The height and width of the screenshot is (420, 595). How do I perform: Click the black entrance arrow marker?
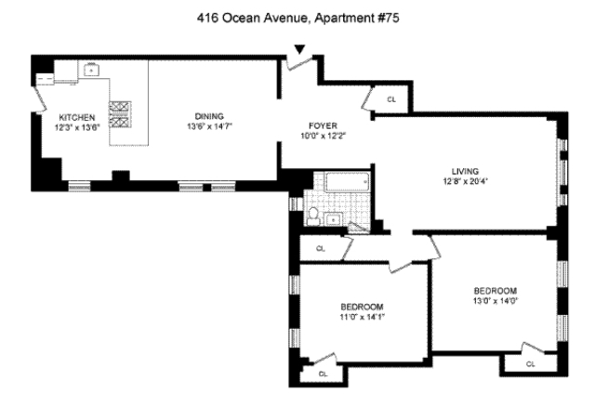(299, 49)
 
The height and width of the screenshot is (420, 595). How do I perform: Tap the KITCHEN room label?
(76, 118)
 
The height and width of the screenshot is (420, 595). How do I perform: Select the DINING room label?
(209, 116)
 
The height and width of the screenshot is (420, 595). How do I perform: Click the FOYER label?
(323, 126)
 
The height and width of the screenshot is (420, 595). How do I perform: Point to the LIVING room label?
(465, 172)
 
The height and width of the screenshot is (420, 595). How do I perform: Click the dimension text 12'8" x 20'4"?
(465, 181)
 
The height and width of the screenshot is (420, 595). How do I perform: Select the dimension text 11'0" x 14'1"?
(362, 317)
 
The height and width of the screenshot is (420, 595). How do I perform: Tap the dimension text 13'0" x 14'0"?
(496, 301)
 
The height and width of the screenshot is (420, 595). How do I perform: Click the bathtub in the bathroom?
(347, 182)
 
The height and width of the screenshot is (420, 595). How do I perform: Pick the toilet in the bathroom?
(313, 217)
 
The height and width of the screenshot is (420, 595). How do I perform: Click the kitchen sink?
(91, 71)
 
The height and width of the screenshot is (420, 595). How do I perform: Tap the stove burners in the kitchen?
(120, 113)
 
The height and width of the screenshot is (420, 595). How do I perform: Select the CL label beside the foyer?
(391, 99)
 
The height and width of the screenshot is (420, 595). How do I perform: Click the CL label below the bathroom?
(321, 249)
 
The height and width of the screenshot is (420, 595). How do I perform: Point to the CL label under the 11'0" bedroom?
(323, 374)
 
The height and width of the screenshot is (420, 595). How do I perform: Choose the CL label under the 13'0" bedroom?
(530, 364)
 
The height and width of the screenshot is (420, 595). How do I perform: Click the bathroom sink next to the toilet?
(333, 219)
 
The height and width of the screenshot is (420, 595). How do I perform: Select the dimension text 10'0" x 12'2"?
(323, 136)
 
